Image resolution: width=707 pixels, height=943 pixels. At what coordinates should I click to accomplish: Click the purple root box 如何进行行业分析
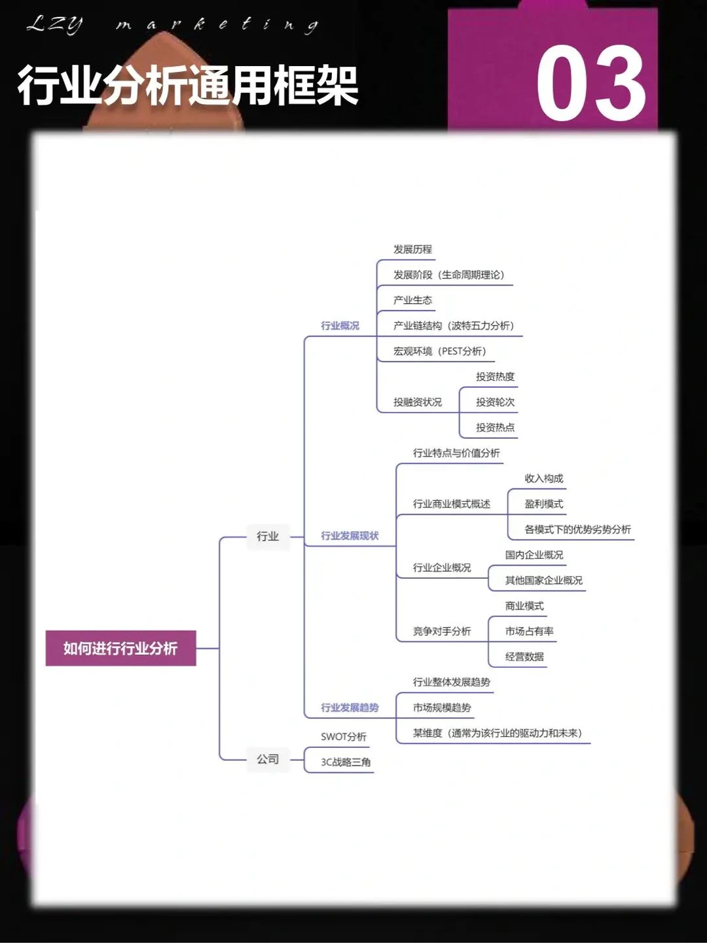click(x=120, y=648)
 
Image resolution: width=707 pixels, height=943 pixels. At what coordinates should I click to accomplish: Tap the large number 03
click(x=590, y=84)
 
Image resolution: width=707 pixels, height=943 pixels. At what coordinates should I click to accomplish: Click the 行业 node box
click(x=268, y=536)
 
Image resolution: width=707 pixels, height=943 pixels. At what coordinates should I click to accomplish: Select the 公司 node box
click(x=268, y=759)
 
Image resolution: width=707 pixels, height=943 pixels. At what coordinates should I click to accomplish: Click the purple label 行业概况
click(x=340, y=325)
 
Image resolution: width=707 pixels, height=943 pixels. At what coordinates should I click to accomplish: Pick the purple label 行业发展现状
click(x=350, y=536)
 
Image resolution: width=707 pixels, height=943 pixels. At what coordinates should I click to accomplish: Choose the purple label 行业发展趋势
click(x=350, y=707)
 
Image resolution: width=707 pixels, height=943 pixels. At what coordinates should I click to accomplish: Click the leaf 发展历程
click(x=412, y=250)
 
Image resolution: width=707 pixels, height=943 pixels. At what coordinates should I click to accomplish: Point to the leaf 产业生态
click(x=412, y=300)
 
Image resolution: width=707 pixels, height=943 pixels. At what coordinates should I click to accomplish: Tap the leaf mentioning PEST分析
click(x=439, y=351)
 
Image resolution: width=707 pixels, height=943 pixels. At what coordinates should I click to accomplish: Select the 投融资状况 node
click(x=417, y=402)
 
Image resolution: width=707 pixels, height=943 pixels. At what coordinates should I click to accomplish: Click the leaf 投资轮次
click(x=495, y=402)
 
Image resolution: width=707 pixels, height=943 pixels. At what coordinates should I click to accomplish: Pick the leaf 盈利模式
click(x=543, y=504)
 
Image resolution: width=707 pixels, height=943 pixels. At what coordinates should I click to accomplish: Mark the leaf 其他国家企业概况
click(x=543, y=580)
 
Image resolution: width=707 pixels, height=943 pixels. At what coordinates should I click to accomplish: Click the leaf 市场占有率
click(x=529, y=631)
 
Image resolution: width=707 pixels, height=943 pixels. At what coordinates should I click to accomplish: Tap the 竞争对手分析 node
click(x=441, y=631)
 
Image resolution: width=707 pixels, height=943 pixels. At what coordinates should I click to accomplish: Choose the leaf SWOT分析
click(x=343, y=737)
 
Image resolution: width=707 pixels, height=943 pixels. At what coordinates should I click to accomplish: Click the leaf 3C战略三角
click(x=346, y=762)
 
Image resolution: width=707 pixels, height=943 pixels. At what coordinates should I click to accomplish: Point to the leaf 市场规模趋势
click(x=441, y=707)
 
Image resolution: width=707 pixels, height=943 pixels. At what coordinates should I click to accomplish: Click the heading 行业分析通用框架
click(x=188, y=86)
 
